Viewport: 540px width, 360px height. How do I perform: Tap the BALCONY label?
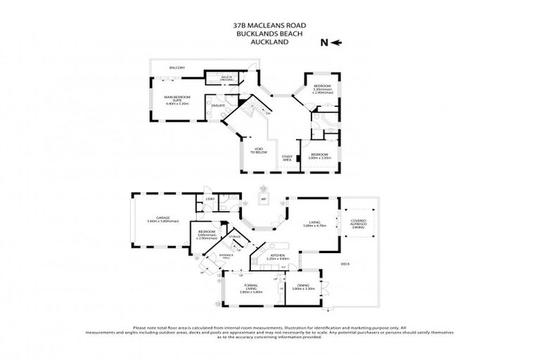click(176, 67)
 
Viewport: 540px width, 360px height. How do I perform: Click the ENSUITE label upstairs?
click(218, 105)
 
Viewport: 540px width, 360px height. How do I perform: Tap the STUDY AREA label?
click(286, 158)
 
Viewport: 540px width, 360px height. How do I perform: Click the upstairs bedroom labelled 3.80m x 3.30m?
click(319, 156)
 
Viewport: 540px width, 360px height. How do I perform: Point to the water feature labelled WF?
click(264, 198)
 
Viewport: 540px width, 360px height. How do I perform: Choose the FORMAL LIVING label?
click(245, 287)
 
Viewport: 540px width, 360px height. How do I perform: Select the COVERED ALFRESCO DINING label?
click(359, 223)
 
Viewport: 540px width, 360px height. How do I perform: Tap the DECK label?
click(345, 264)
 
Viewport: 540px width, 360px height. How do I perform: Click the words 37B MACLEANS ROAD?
click(270, 24)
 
